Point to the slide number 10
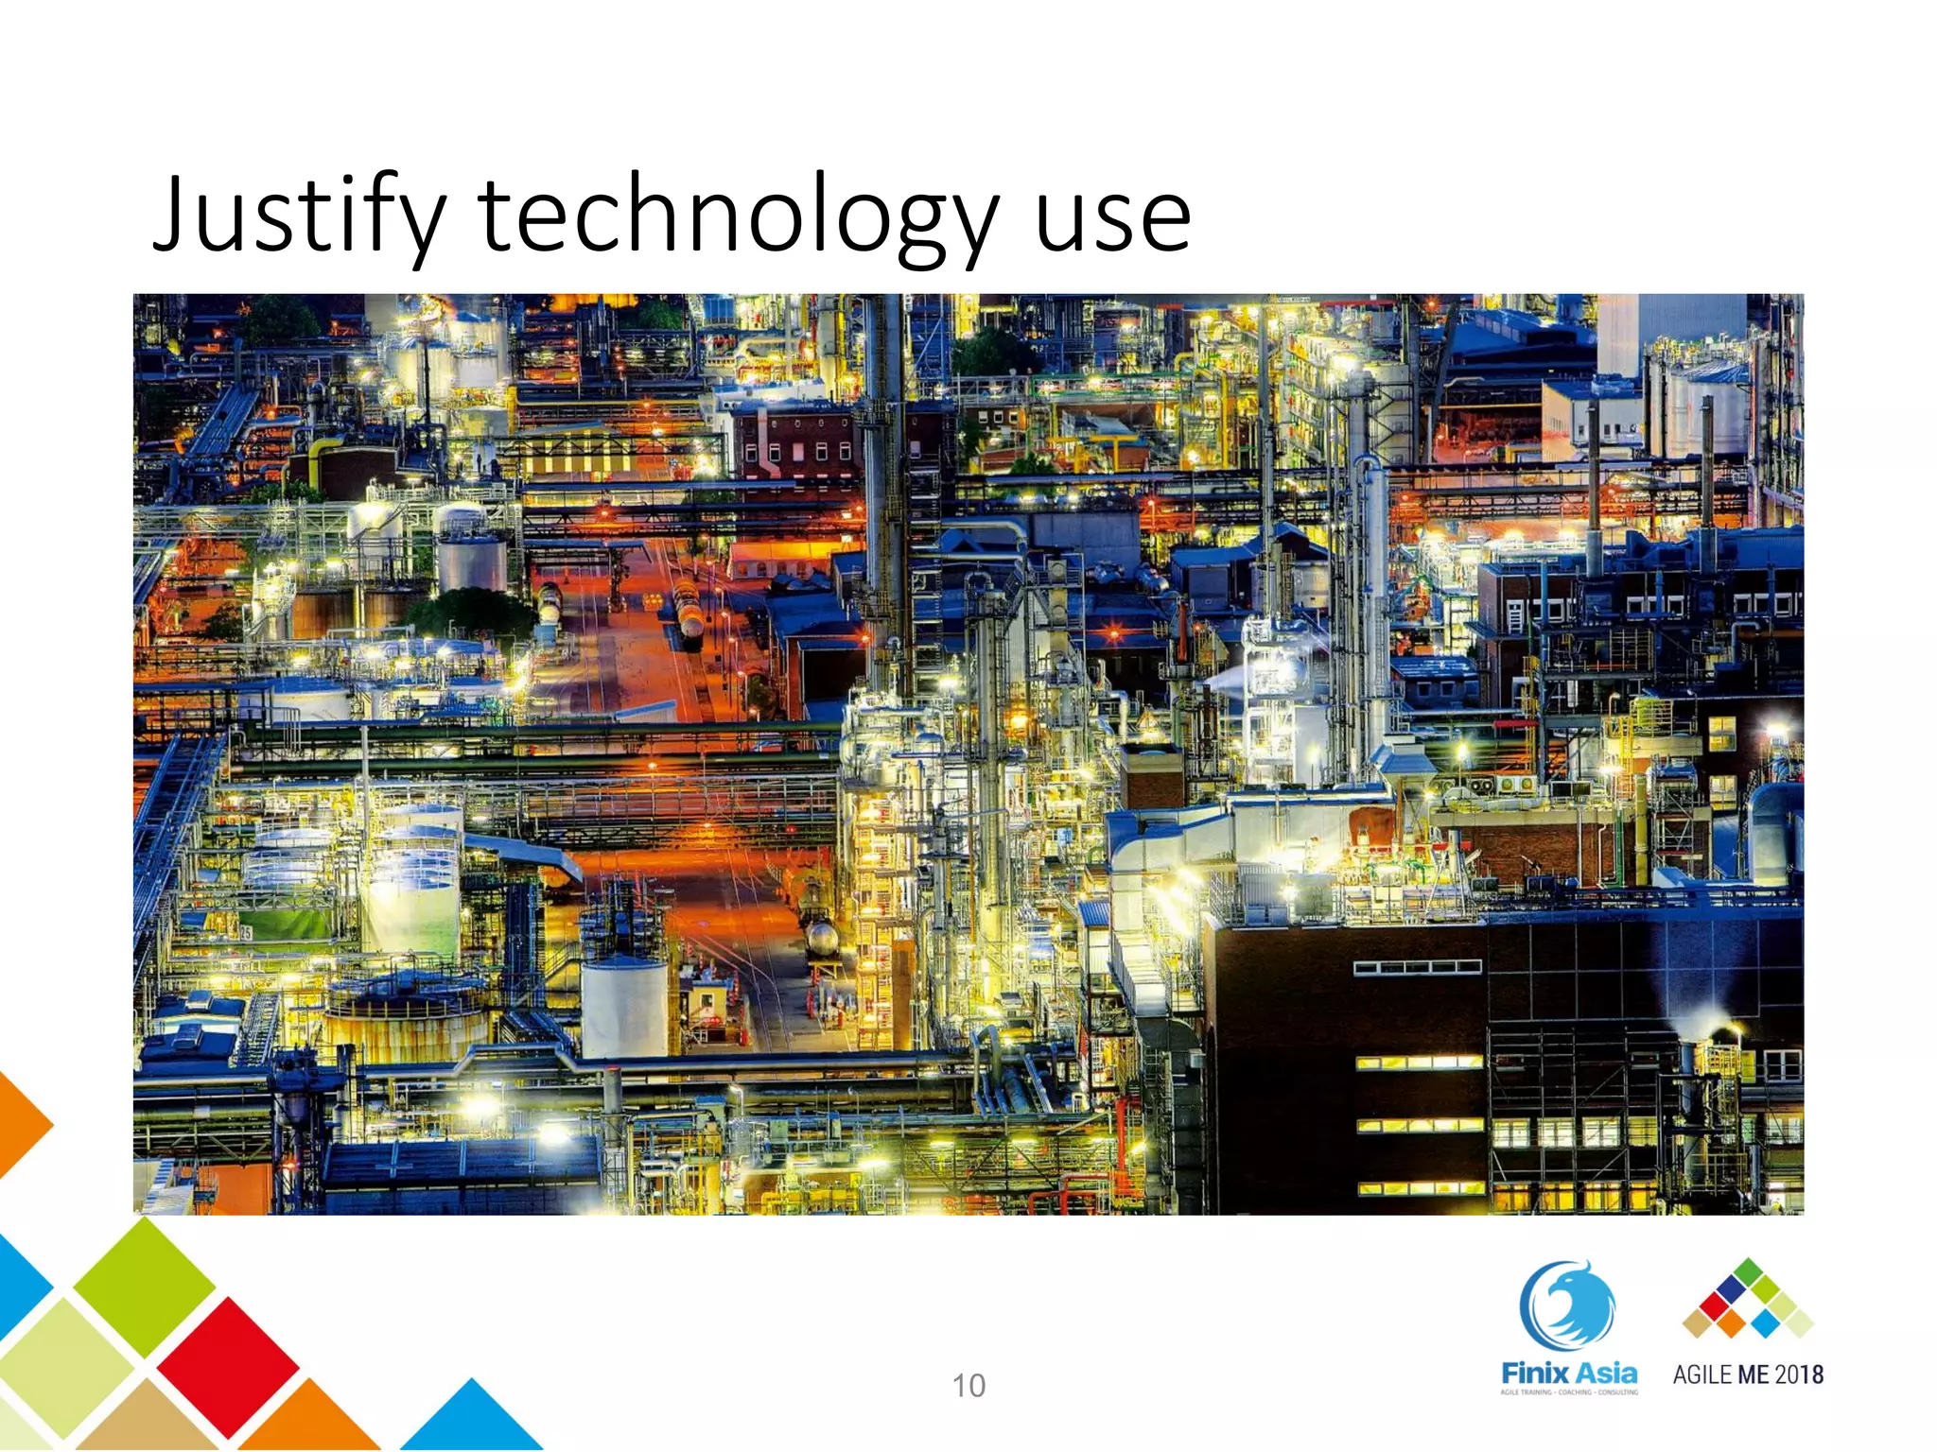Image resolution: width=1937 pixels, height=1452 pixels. (x=968, y=1386)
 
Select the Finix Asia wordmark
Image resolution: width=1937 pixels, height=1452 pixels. (x=1569, y=1373)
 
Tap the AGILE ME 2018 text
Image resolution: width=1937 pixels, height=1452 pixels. (x=1748, y=1374)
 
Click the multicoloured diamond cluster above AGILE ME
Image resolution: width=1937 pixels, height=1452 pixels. (x=1748, y=1301)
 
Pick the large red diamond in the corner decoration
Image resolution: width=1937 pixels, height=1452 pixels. (x=227, y=1366)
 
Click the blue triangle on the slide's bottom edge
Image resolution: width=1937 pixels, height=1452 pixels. (x=471, y=1418)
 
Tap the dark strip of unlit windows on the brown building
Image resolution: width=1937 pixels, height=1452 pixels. (x=1417, y=967)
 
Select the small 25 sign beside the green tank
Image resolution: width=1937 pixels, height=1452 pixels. (x=246, y=933)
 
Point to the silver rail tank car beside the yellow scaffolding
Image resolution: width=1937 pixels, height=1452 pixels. (x=821, y=938)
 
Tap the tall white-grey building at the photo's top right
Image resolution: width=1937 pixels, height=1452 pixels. (x=1669, y=331)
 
